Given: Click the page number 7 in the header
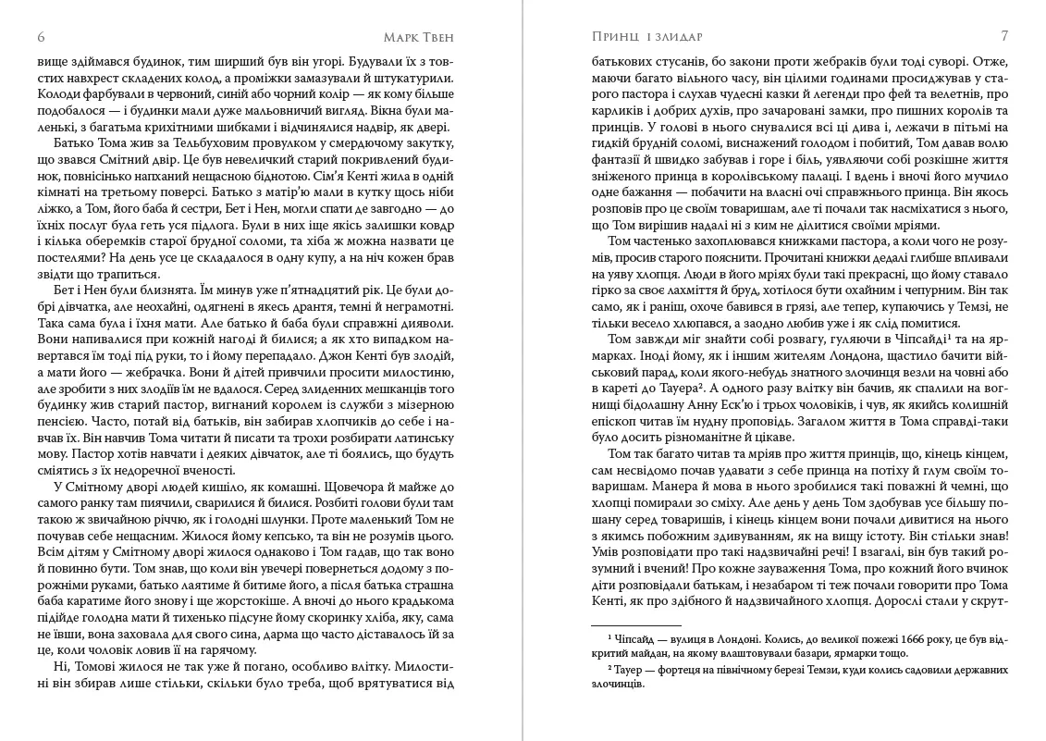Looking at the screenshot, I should (x=1004, y=37).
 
